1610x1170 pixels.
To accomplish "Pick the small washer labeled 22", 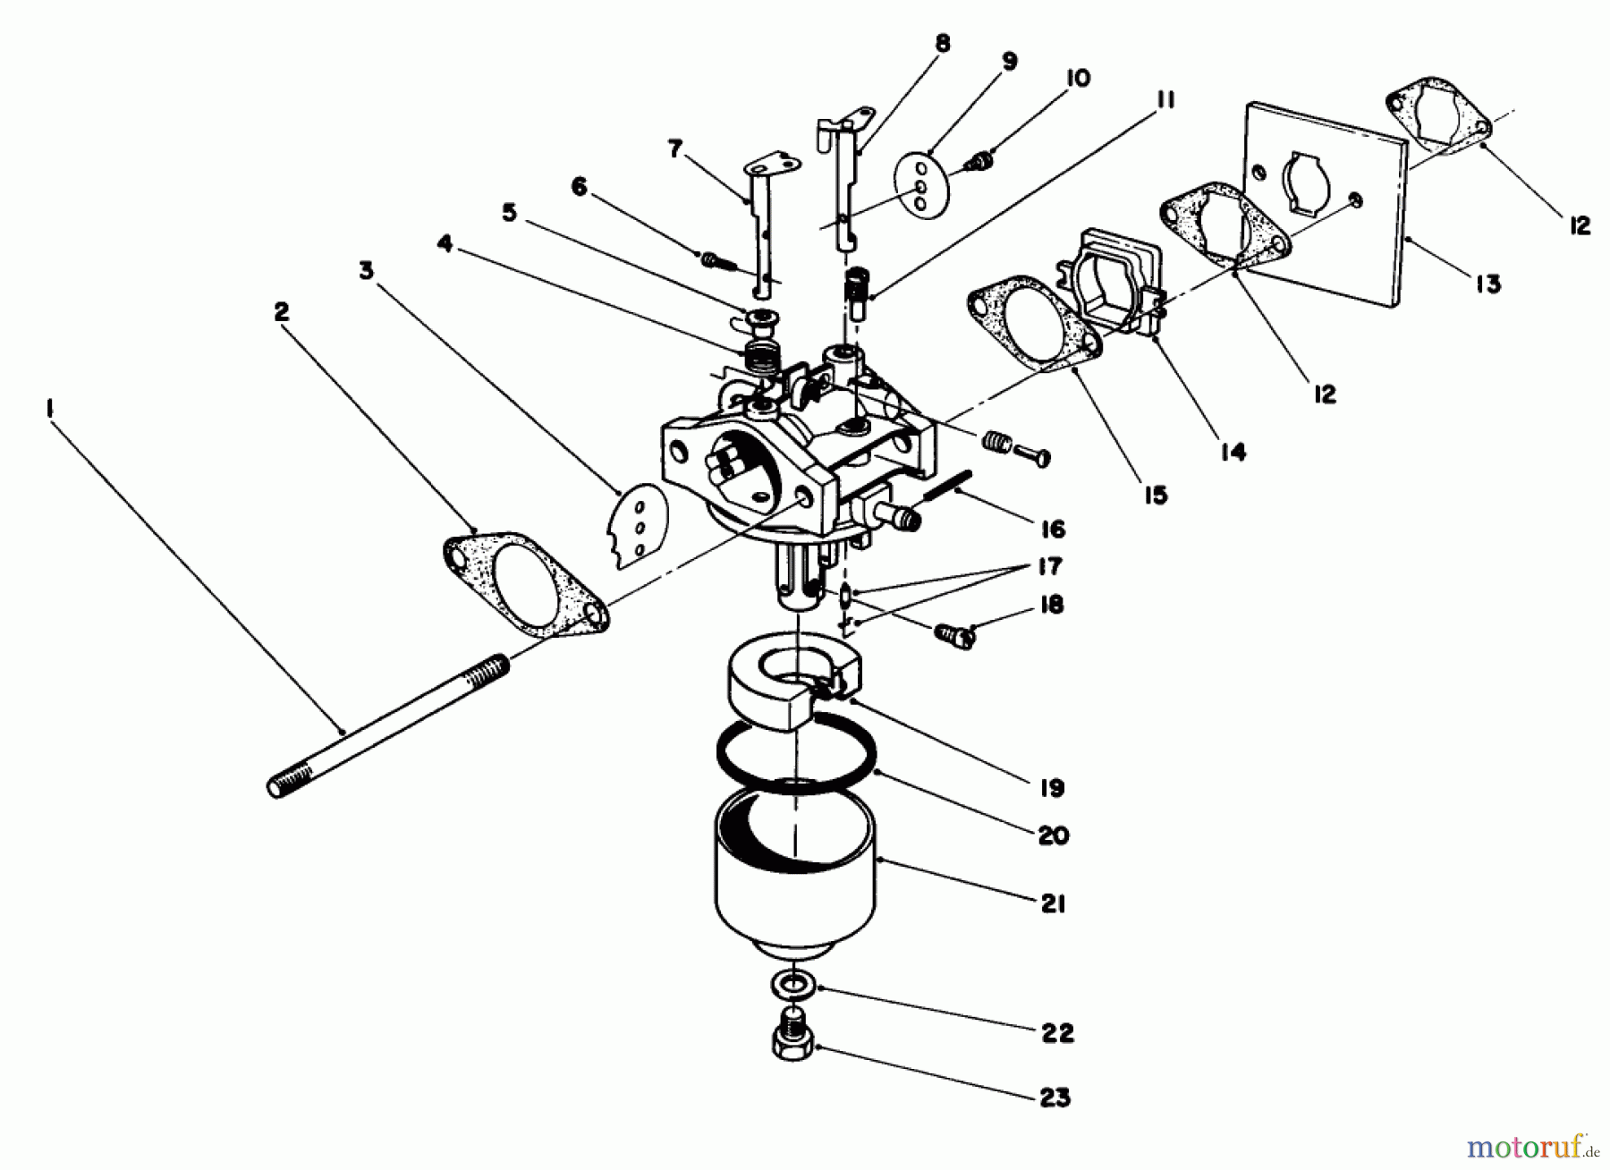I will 789,986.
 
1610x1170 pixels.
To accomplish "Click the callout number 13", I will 1487,284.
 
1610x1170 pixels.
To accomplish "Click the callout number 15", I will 1156,495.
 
